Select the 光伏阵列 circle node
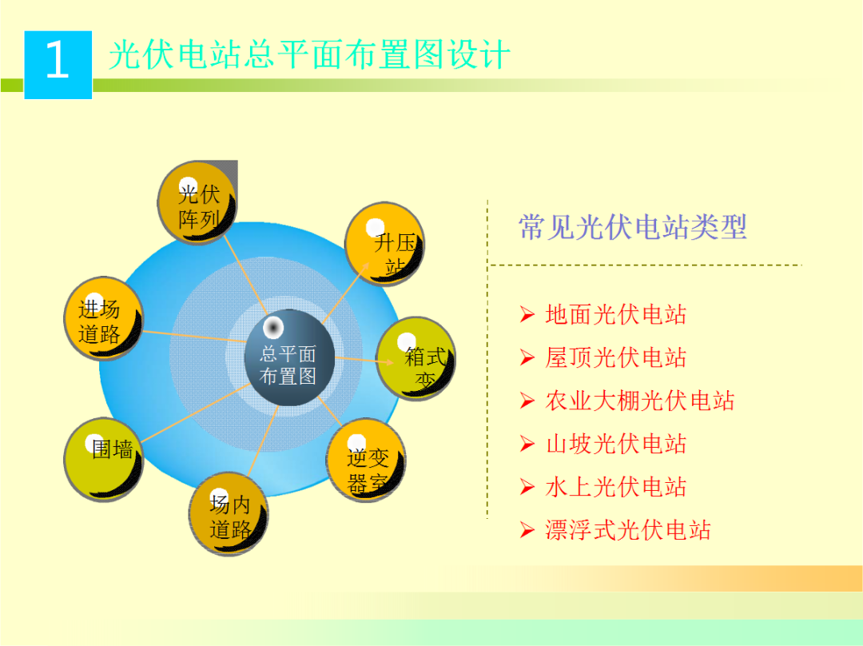tap(197, 203)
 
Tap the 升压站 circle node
tap(384, 243)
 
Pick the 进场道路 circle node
tap(103, 318)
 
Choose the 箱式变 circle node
tap(416, 357)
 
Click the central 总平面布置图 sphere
tap(288, 358)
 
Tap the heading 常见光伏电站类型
tap(632, 227)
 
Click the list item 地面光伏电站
tap(615, 314)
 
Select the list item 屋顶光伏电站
tap(615, 357)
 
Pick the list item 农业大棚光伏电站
tap(639, 401)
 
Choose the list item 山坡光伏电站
tap(615, 444)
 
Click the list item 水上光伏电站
tap(615, 487)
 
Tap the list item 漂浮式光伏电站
tap(627, 530)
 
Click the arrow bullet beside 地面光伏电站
tap(527, 315)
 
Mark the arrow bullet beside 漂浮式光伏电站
tap(527, 530)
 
